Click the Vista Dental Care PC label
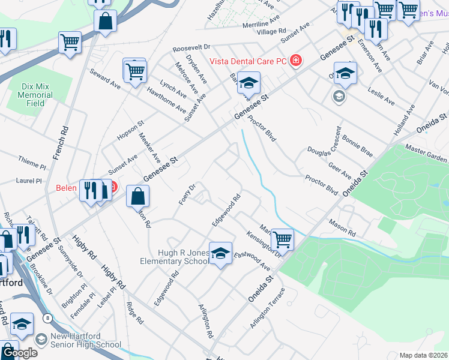[x=247, y=61]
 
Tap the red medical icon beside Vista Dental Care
[x=295, y=61]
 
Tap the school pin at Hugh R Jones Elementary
[x=221, y=253]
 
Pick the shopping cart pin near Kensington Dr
[x=282, y=239]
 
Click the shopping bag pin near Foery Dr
[x=137, y=196]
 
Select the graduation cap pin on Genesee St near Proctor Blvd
[x=248, y=83]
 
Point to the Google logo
[x=19, y=353]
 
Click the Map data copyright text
[x=424, y=355]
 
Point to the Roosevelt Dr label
[x=191, y=46]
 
